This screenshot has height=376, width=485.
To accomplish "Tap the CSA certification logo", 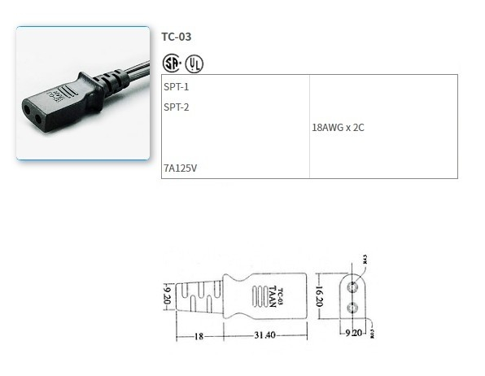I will pyautogui.click(x=171, y=63).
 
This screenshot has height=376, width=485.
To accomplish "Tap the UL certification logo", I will pyautogui.click(x=194, y=63).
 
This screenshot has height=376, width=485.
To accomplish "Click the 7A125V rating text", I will pyautogui.click(x=180, y=168).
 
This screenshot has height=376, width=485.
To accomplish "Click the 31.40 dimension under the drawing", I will pyautogui.click(x=264, y=334).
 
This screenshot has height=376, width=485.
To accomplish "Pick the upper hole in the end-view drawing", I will pyautogui.click(x=354, y=287).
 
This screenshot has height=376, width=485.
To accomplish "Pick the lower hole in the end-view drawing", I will pyautogui.click(x=354, y=307).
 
